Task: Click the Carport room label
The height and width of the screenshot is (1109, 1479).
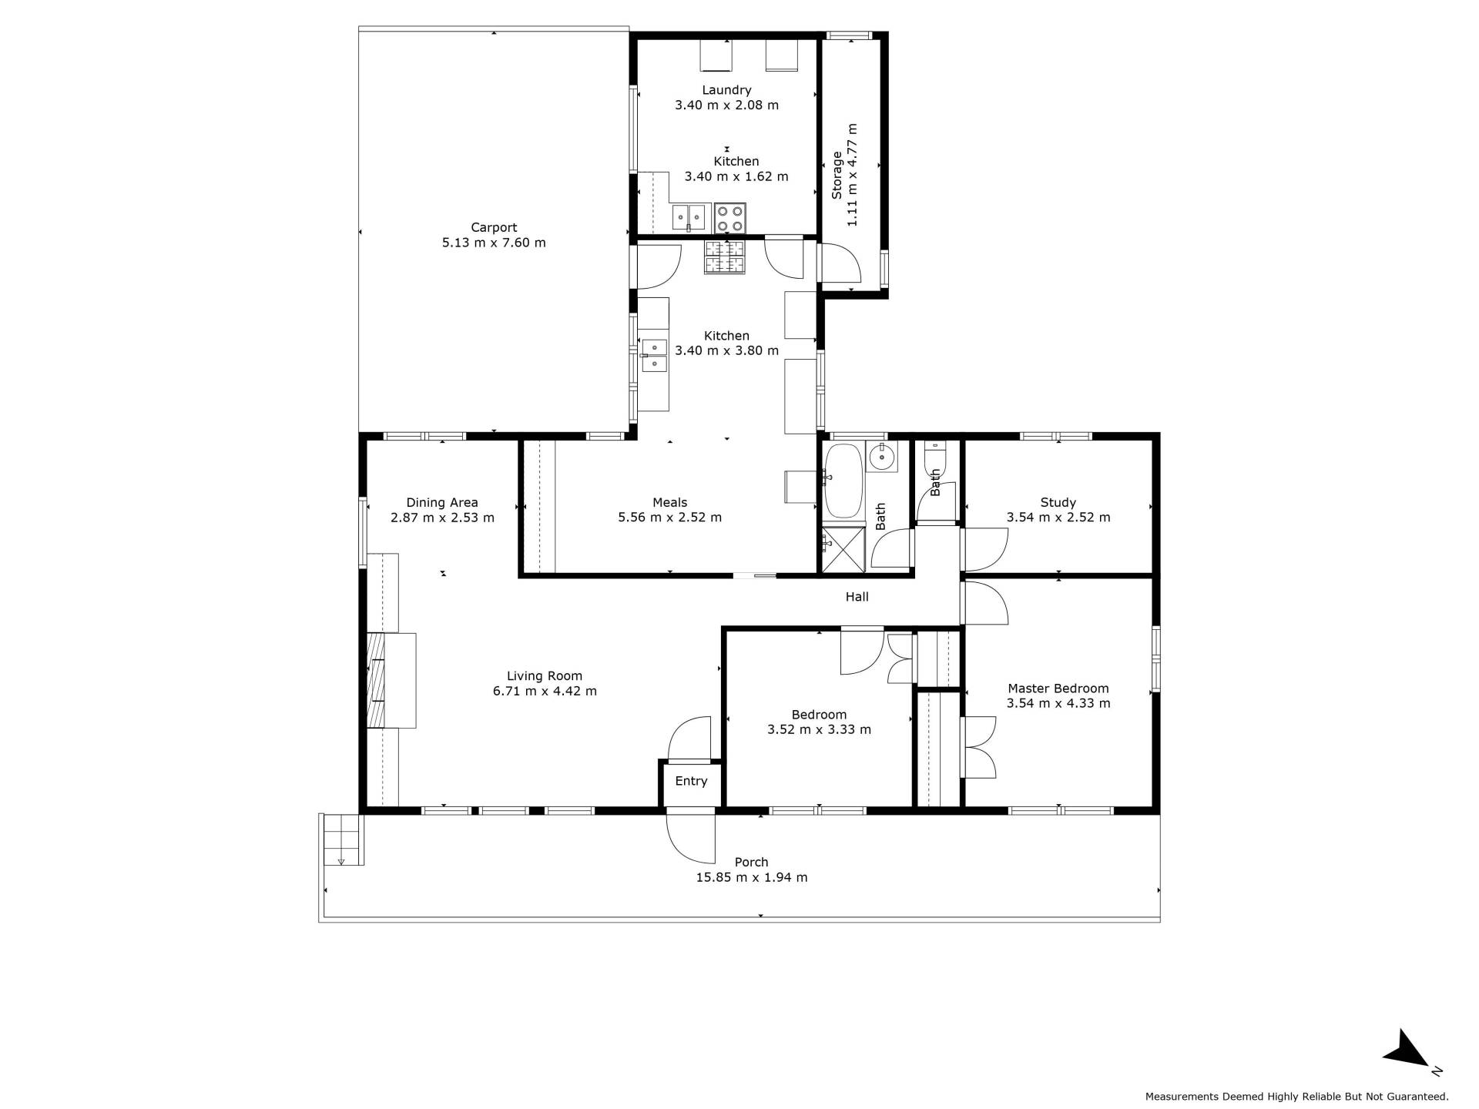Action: (494, 228)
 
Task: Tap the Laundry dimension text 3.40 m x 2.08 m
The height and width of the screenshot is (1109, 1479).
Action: (726, 105)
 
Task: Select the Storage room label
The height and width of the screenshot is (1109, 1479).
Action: (837, 176)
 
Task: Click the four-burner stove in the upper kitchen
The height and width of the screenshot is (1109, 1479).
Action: (729, 216)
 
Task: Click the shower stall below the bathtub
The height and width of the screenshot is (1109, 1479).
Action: (843, 548)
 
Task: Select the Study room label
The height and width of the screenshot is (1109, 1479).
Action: (1058, 503)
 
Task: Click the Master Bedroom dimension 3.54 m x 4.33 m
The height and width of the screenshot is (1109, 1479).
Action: (1058, 703)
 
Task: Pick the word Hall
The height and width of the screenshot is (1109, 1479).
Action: (857, 597)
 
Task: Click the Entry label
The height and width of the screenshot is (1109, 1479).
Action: (691, 781)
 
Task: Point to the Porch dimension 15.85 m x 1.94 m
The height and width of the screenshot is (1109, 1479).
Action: (752, 877)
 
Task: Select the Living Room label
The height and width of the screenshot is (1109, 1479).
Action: (545, 677)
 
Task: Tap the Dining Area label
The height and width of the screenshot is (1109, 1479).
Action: (442, 503)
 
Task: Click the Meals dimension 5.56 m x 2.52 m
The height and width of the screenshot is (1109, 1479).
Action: (670, 518)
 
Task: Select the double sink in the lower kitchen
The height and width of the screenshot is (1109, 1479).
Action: (654, 355)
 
